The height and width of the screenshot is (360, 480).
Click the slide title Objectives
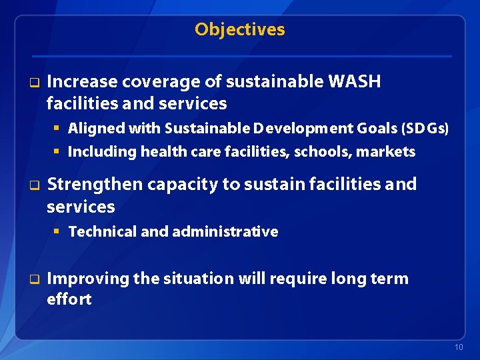point(239,29)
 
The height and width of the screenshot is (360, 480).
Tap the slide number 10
point(458,348)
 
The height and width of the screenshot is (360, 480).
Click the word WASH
point(355,82)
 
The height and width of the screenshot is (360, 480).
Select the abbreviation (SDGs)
point(425,128)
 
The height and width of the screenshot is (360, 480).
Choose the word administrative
point(225,232)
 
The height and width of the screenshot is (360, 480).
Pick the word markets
point(386,152)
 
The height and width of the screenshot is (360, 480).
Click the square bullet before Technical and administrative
point(57,232)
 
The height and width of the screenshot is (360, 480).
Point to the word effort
point(69,299)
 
